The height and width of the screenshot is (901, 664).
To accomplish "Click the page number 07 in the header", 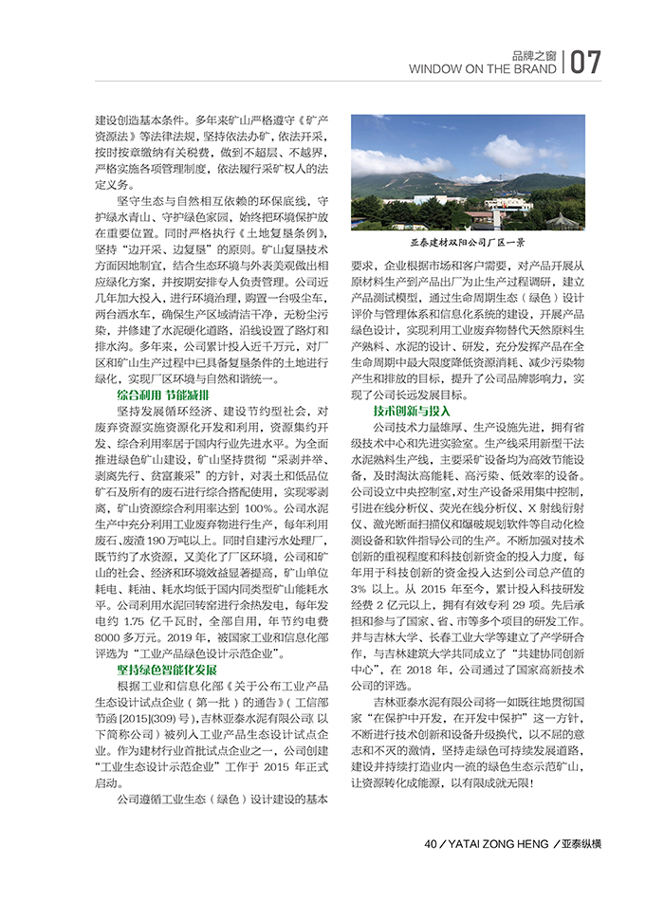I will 586,63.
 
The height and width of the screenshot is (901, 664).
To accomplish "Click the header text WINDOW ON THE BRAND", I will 483,69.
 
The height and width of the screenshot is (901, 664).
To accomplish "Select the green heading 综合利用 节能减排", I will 163,394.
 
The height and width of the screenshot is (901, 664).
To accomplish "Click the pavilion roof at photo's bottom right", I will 563,217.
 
